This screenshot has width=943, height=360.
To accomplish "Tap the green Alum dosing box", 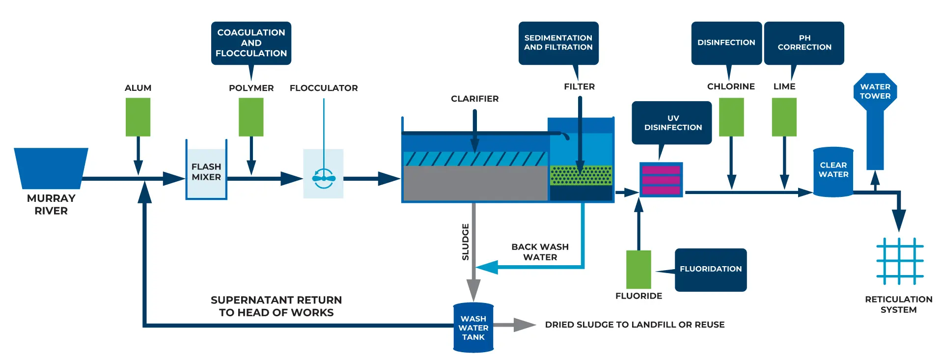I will [138, 117].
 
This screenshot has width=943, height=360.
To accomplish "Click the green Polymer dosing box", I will [251, 117].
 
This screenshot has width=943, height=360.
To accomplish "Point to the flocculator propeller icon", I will [324, 178].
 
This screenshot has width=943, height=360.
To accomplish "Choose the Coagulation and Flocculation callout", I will [251, 43].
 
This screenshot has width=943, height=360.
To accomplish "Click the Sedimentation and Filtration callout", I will [558, 43].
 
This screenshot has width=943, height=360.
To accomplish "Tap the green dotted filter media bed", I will [581, 175].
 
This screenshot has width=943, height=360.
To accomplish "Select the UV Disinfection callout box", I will [671, 123].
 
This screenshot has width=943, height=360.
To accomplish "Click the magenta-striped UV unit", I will [661, 180].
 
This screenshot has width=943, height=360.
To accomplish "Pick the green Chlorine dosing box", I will [731, 117].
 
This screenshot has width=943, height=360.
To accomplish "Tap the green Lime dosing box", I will [784, 117].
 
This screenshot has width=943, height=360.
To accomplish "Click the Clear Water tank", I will [833, 172].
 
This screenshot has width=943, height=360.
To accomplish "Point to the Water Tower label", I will [875, 91].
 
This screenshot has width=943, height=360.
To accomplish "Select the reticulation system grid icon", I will [900, 261].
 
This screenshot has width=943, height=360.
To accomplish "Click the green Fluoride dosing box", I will [638, 270].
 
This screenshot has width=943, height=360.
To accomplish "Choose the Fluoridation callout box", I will [711, 270].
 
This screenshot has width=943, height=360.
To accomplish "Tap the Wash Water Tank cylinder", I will [473, 328].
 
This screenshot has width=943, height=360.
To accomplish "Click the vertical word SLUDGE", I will [465, 242].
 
